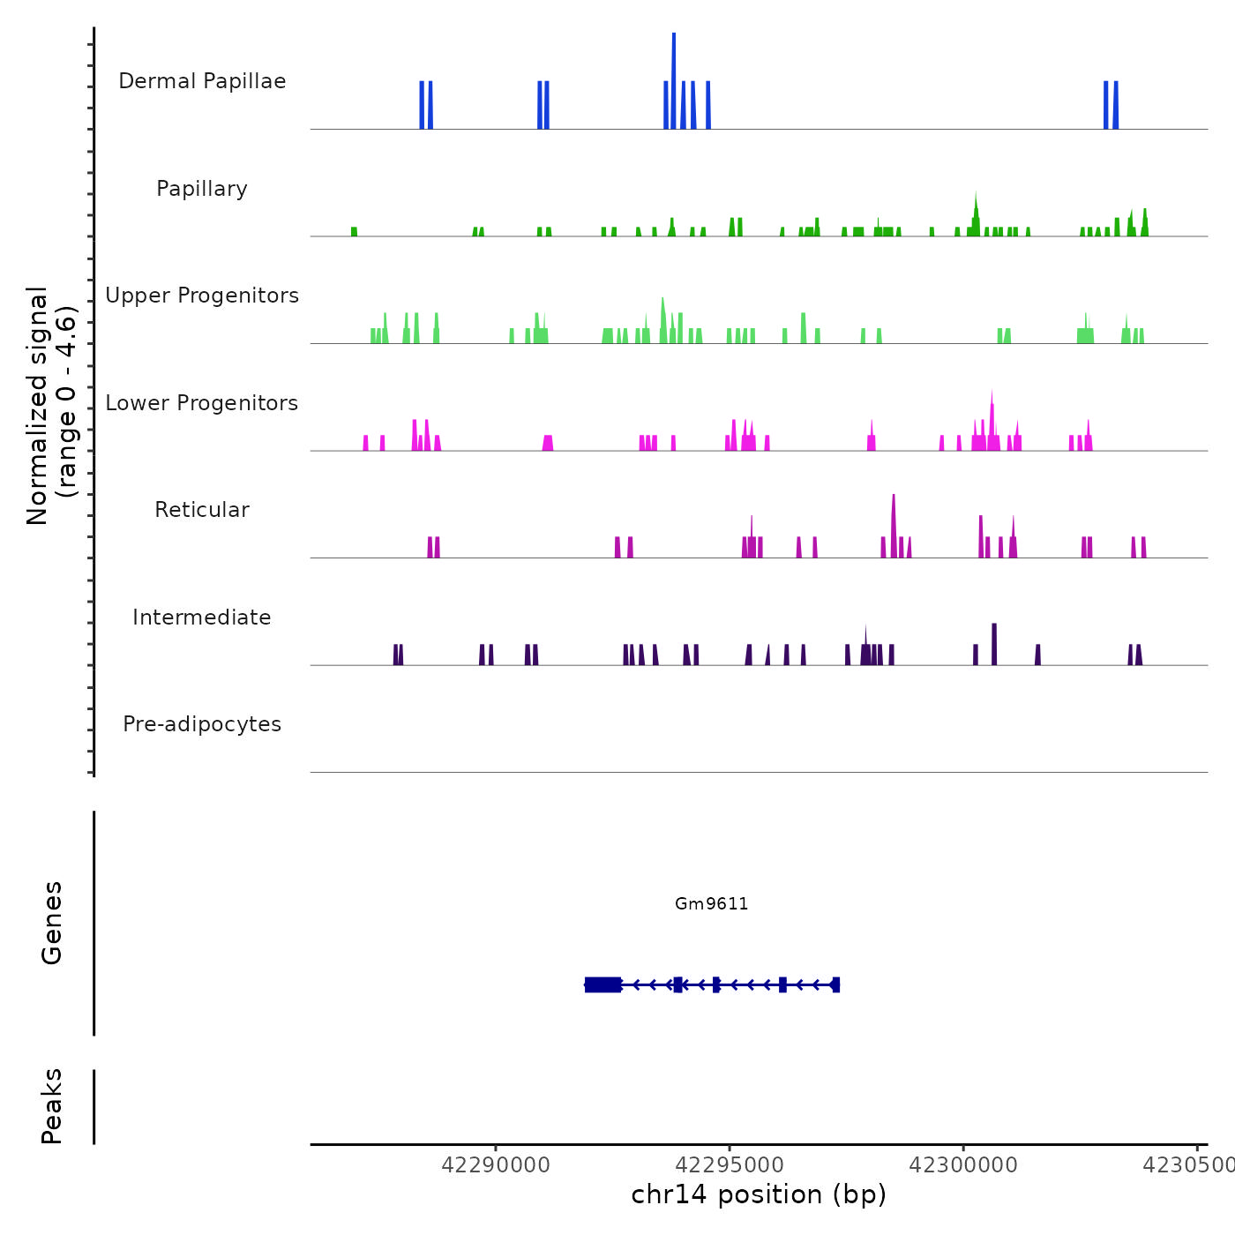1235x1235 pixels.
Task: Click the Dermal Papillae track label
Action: tap(202, 81)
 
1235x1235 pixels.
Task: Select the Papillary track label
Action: tap(202, 189)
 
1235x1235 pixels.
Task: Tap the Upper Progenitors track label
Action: tap(202, 296)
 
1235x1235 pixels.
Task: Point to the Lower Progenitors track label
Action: tap(202, 403)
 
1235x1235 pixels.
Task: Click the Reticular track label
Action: tap(202, 510)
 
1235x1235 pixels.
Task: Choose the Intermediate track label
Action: tap(202, 617)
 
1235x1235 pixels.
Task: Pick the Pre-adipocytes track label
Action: tap(202, 724)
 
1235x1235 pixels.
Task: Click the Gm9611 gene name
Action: tap(711, 903)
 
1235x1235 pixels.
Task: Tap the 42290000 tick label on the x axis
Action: tap(496, 1165)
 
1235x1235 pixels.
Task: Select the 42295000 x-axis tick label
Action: tap(730, 1165)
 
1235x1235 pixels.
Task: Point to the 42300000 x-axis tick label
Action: tap(963, 1165)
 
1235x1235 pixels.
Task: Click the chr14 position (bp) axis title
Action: tap(759, 1194)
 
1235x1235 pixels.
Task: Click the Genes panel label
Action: tap(52, 923)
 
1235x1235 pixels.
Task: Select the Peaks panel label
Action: tap(52, 1106)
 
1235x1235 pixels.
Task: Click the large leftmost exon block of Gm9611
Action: tap(603, 984)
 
